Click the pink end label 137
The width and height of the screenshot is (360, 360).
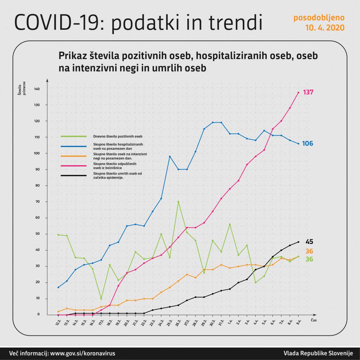point(308,92)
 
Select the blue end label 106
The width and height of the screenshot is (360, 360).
point(308,144)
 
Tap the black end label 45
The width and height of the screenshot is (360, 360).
point(309,242)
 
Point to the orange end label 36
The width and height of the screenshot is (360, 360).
point(309,251)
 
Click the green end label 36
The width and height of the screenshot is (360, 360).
point(309,259)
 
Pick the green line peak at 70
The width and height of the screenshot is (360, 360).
point(178,201)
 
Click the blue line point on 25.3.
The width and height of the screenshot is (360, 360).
point(170,156)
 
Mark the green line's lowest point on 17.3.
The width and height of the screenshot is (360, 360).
point(101,299)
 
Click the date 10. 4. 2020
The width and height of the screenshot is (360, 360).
point(325,28)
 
